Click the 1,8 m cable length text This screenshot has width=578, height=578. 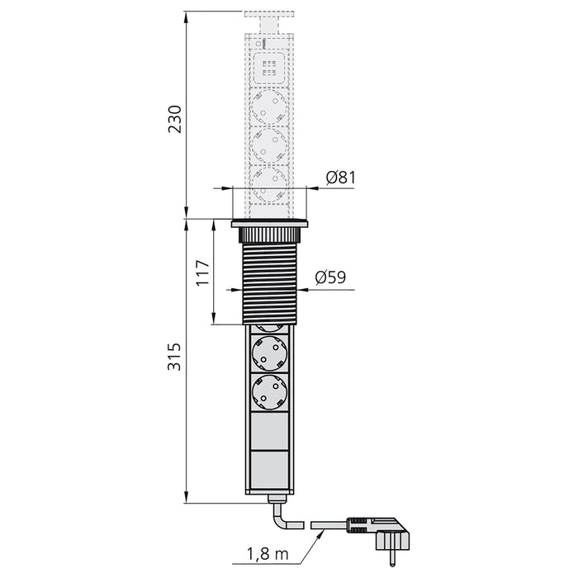266,555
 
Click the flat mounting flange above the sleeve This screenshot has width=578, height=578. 269,223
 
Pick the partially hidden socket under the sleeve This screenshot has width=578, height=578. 269,327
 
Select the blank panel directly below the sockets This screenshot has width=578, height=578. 269,430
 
